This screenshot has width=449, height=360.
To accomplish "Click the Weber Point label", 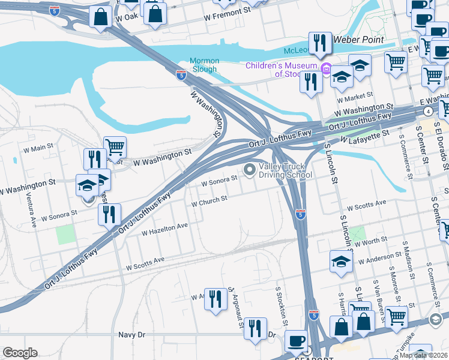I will tap(358, 39).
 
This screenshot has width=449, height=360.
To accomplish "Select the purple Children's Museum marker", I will tap(326, 68).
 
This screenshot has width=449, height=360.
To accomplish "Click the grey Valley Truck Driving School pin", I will tap(250, 171).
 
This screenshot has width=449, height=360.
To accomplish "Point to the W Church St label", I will tap(209, 202).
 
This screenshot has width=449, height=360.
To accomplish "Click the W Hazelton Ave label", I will tap(164, 229).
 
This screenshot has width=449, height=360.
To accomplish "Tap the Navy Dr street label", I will tap(131, 335).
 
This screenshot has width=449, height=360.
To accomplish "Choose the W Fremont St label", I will tap(227, 11).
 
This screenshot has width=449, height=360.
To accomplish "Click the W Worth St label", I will tap(372, 241).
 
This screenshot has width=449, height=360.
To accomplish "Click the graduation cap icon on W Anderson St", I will tap(340, 262).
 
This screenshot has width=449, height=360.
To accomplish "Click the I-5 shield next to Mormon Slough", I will tap(181, 75).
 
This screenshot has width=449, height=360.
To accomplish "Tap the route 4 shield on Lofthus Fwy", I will tap(427, 111).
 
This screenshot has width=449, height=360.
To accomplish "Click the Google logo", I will tap(20, 353).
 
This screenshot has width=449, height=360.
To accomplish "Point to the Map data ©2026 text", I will tap(423, 355).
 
